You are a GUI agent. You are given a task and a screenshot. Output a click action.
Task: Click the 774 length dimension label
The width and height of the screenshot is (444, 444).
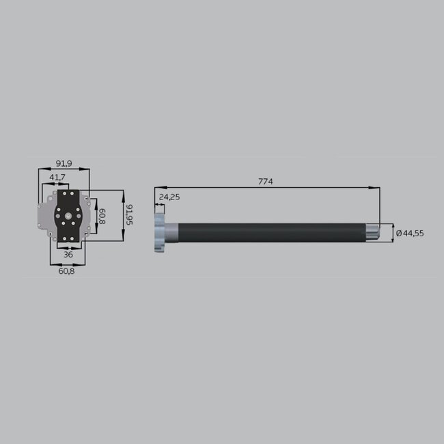click(x=265, y=182)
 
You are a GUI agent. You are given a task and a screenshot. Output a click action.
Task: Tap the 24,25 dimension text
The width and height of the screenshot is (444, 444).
click(x=169, y=197)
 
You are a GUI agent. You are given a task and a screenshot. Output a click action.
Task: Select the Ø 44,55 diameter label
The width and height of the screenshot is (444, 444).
click(x=410, y=233)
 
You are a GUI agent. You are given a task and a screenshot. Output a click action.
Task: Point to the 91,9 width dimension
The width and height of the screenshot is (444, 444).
click(x=64, y=163)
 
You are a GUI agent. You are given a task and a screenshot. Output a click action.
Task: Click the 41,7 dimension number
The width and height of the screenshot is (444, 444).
click(x=57, y=178)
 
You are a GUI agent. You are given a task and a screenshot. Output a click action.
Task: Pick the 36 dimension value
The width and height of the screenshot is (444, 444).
click(x=68, y=254)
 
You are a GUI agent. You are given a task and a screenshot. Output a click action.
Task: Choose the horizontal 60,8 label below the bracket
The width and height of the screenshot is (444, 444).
click(x=66, y=271)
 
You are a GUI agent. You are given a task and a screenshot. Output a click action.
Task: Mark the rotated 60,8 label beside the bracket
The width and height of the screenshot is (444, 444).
click(x=102, y=217)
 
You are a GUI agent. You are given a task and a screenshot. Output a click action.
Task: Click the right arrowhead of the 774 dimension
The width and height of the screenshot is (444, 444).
click(x=377, y=186)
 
